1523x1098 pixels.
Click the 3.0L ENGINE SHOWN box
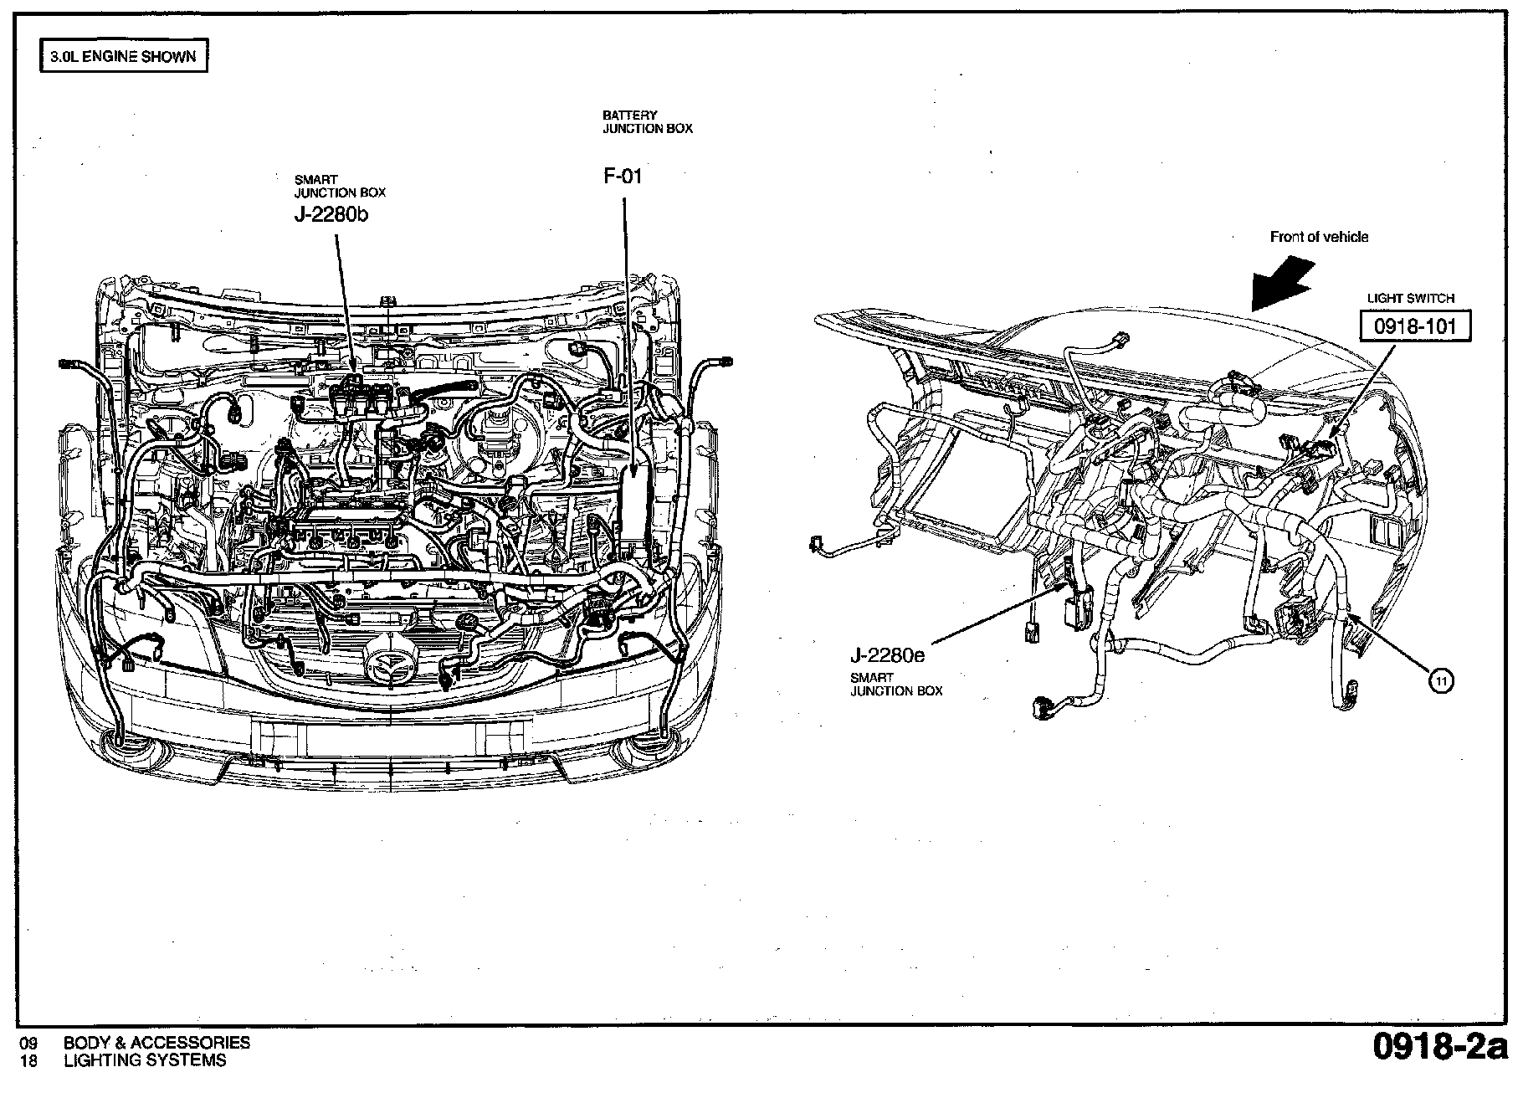[x=124, y=57]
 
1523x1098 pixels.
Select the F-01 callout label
[x=623, y=176]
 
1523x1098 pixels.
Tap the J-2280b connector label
[x=331, y=214]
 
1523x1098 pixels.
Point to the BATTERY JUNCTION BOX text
[x=648, y=122]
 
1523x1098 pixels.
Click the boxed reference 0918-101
[x=1414, y=326]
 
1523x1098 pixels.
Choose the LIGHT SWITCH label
[x=1411, y=298]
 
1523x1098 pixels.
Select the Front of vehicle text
[x=1319, y=237]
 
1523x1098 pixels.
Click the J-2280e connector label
[x=888, y=656]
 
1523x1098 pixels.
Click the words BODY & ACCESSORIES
[x=156, y=1043]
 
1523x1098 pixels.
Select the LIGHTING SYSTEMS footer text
[x=145, y=1060]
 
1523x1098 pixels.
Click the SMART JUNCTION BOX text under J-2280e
[x=896, y=685]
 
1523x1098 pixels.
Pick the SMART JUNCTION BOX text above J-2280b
[x=340, y=186]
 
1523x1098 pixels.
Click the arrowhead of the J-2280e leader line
[x=1064, y=587]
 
